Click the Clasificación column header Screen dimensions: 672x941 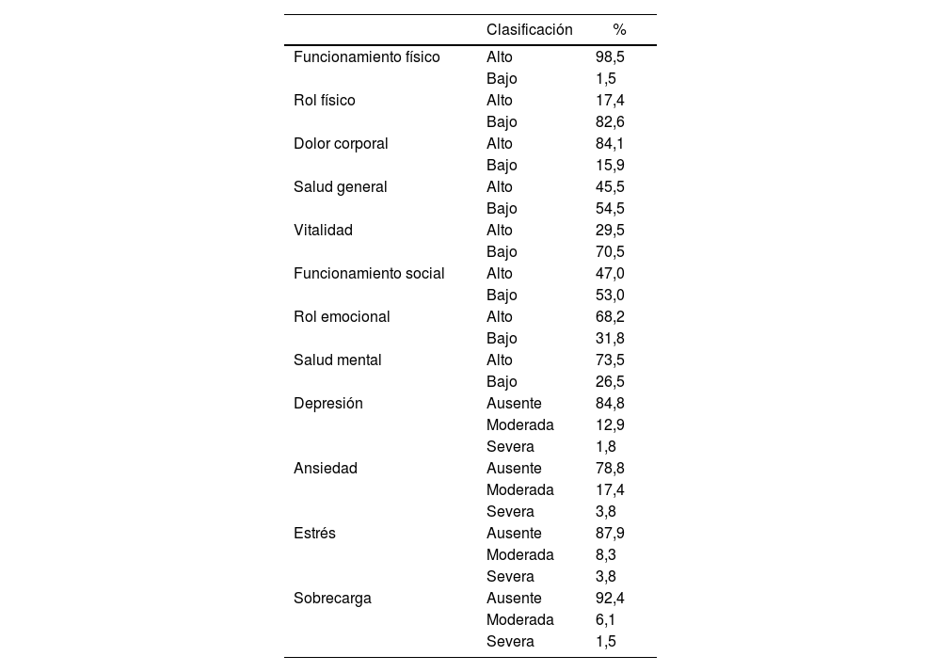529,30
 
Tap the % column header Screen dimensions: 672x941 619,30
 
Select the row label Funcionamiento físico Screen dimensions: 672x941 366,57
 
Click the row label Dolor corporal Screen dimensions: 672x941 341,144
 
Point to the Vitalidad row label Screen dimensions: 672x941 323,231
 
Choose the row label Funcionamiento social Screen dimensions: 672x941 369,274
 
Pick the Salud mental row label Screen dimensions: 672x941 337,360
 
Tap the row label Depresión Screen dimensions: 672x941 327,404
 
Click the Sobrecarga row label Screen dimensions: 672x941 332,599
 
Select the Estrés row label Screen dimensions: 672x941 314,534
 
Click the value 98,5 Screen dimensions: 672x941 610,57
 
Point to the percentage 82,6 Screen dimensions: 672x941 610,122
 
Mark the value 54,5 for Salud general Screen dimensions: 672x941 610,209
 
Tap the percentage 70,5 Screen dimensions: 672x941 610,252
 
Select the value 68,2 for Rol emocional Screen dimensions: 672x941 610,317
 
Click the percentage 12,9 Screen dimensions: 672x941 610,425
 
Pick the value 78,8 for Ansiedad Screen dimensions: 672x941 610,469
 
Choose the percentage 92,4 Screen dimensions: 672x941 610,599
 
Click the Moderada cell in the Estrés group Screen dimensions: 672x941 519,555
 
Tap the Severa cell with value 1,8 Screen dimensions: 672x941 510,447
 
